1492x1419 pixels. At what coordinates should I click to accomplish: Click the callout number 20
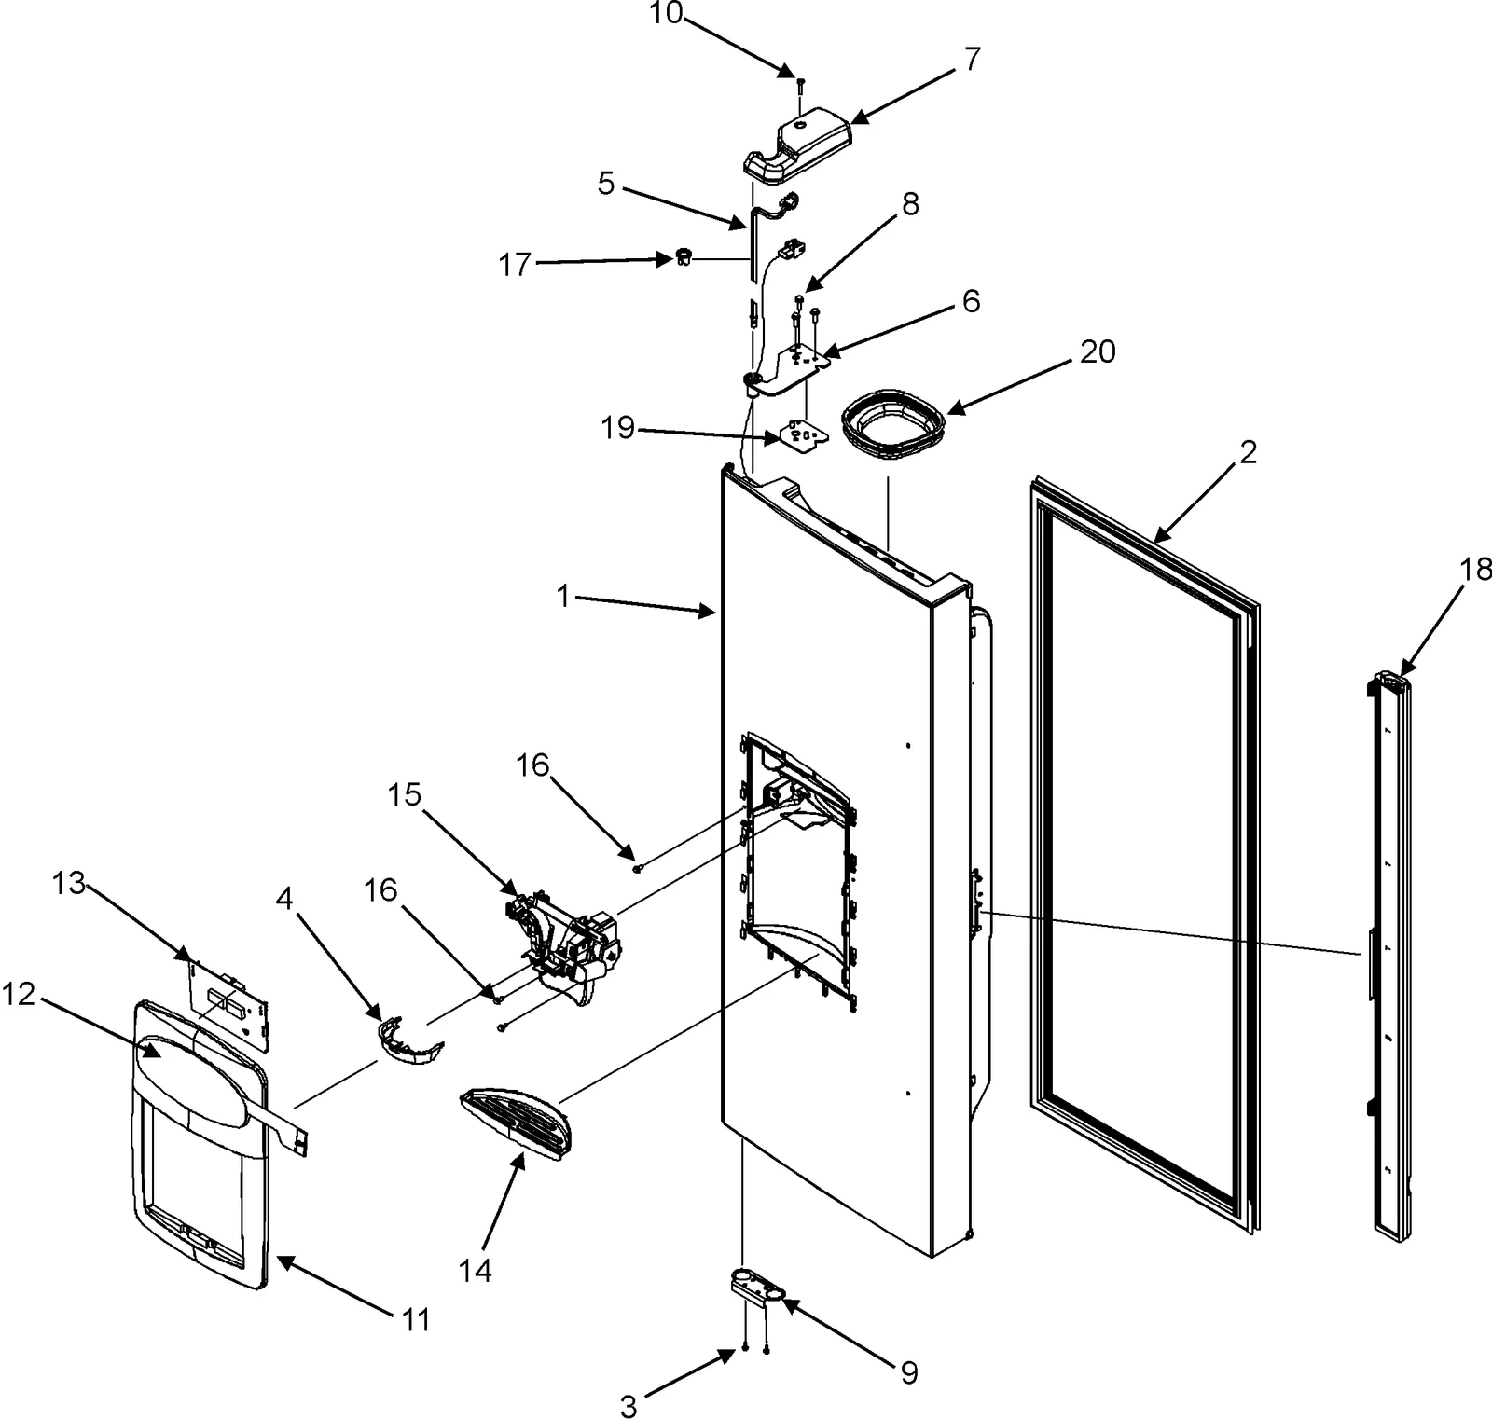(1098, 352)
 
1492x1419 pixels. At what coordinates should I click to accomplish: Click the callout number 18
(1475, 570)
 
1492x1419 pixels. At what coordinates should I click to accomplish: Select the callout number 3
(629, 1406)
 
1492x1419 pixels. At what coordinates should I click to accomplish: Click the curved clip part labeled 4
(409, 1042)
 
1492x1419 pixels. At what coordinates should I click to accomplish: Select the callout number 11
(416, 1319)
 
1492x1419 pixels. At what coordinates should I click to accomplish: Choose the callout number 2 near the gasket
(1248, 452)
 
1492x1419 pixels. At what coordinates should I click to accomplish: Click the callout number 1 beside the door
(562, 596)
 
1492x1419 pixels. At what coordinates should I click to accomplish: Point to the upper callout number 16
(532, 766)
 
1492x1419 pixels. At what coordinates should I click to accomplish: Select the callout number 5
(606, 185)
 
